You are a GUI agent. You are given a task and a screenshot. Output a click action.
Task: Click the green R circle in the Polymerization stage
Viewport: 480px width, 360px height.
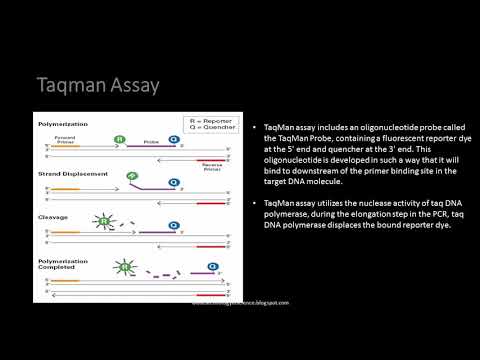120,140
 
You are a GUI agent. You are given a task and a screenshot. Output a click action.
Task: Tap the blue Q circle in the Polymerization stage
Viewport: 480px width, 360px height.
173,140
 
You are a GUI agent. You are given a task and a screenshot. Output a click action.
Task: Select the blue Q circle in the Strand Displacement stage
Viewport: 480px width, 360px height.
173,182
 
